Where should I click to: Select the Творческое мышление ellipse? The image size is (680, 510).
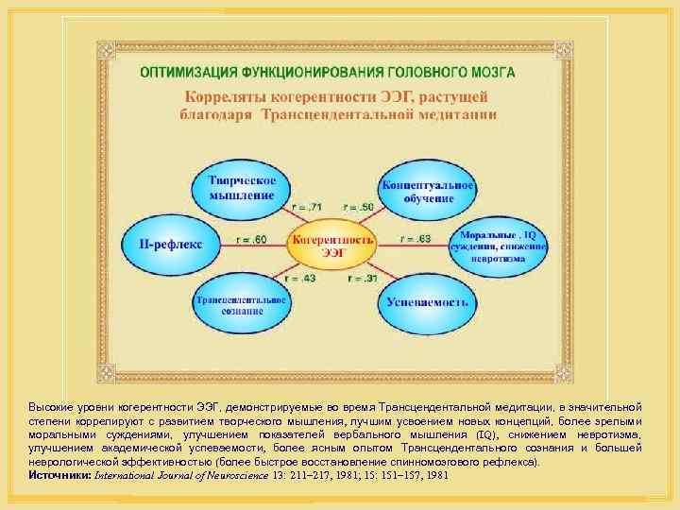click(x=241, y=187)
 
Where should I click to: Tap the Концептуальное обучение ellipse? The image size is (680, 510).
click(x=428, y=187)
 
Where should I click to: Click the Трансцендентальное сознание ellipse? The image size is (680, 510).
click(x=240, y=302)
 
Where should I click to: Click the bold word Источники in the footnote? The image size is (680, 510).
click(x=58, y=475)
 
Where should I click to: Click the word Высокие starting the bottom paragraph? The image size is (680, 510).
click(x=49, y=403)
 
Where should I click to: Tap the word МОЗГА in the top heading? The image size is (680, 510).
click(x=510, y=72)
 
